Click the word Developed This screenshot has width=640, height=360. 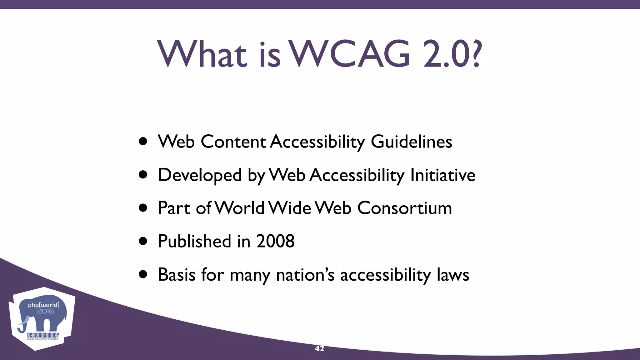[x=200, y=175]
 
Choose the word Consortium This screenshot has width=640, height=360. [x=404, y=208]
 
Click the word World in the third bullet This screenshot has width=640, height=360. [x=240, y=208]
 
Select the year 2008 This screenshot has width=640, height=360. [x=275, y=242]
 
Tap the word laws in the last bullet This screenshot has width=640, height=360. [x=453, y=275]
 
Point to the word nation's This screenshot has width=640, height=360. [x=305, y=275]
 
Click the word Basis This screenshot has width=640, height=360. [x=177, y=275]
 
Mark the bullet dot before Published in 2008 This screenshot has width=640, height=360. [x=143, y=241]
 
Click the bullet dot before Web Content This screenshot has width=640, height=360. [x=143, y=142]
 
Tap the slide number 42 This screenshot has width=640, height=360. [x=319, y=348]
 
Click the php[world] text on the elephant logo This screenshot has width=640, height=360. [x=43, y=305]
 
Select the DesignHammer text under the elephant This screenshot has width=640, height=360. [x=43, y=335]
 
